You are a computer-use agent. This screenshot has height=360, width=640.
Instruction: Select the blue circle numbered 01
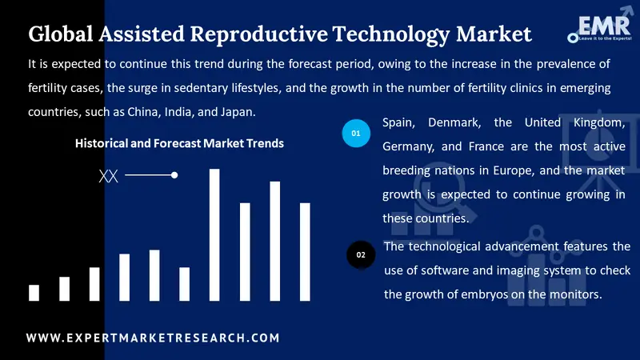click(357, 131)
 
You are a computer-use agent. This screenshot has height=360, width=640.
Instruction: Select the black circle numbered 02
click(361, 254)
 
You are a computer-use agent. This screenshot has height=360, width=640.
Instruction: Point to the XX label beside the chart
click(108, 176)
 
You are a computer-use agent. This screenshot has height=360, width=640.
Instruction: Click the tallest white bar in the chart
click(214, 234)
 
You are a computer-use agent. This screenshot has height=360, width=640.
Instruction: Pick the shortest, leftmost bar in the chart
click(34, 292)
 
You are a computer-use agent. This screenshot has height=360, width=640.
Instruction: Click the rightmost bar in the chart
click(305, 251)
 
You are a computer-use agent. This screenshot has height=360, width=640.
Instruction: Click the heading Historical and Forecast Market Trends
click(179, 144)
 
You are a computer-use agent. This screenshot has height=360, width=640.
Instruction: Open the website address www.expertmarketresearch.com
click(153, 338)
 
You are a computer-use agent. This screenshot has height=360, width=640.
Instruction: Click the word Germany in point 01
click(409, 147)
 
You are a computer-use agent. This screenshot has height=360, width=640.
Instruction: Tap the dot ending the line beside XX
click(174, 174)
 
